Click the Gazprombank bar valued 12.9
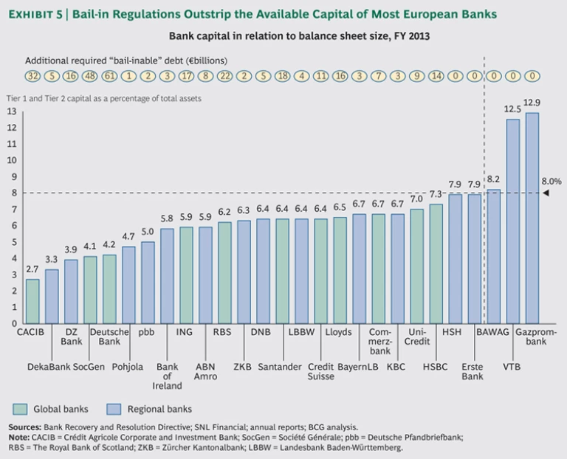[532, 218]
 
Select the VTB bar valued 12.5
[512, 221]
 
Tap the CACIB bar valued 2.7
[32, 301]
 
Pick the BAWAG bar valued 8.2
[493, 256]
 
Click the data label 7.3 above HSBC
[436, 194]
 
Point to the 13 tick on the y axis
[11, 111]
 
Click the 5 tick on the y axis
[11, 242]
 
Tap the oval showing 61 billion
[109, 75]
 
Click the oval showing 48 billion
[90, 75]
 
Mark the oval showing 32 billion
[32, 75]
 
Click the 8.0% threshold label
[551, 180]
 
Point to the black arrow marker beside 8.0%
[546, 193]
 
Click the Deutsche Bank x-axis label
[109, 337]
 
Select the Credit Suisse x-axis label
[320, 372]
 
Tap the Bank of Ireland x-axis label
[168, 376]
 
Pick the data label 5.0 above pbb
[148, 232]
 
